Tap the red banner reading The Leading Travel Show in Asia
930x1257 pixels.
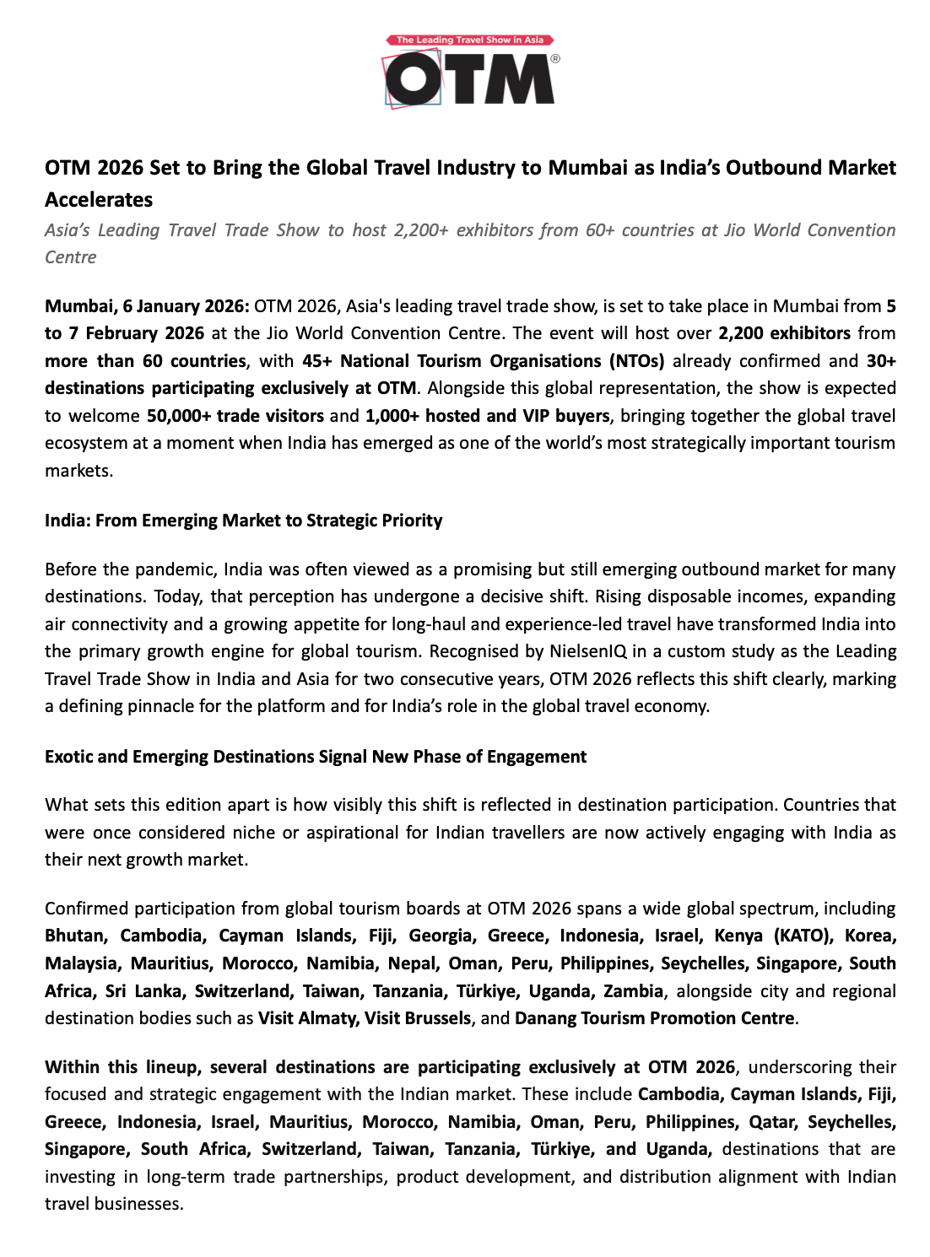(x=470, y=40)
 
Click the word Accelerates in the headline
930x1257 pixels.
(x=99, y=200)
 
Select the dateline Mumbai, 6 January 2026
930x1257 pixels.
(x=147, y=306)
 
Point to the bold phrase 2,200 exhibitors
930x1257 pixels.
(x=784, y=333)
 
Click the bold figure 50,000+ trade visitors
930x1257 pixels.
(x=235, y=416)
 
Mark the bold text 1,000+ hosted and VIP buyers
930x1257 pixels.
(x=487, y=416)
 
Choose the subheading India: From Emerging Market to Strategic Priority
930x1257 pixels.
(x=243, y=521)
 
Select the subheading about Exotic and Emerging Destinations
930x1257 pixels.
(x=316, y=757)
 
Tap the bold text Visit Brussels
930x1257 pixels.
(x=418, y=1018)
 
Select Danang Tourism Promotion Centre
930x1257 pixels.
(x=655, y=1018)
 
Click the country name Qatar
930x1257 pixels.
(x=771, y=1122)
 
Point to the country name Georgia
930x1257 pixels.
(x=441, y=936)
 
